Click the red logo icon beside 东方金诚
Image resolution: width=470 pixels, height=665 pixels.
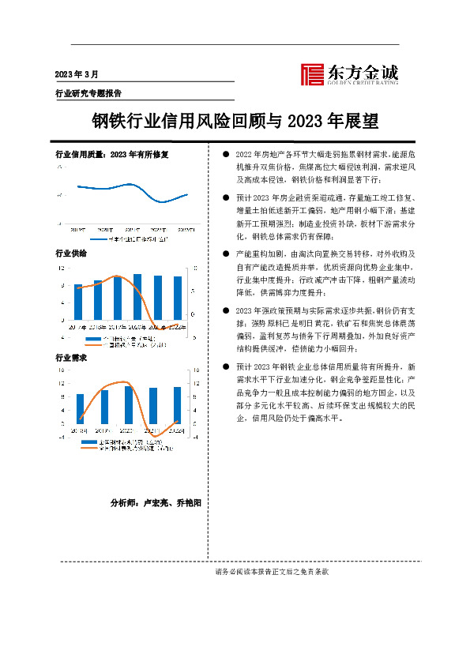313,73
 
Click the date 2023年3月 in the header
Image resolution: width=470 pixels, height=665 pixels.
77,74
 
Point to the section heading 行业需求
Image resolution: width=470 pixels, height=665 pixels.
70,358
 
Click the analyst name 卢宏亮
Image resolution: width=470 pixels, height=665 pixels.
154,502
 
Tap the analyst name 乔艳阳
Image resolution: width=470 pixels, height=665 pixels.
188,502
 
